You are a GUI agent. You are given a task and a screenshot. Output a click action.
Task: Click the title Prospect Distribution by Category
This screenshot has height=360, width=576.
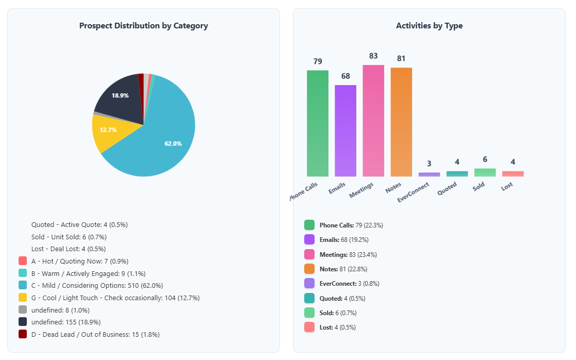(143, 26)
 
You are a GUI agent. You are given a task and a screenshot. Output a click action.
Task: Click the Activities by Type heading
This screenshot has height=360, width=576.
(429, 26)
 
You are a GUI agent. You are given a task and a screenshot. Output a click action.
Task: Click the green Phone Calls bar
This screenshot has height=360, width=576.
(318, 124)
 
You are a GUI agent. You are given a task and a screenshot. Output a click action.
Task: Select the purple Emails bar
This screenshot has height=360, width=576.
(345, 131)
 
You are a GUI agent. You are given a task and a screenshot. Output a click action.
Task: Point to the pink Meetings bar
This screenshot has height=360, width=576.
(373, 121)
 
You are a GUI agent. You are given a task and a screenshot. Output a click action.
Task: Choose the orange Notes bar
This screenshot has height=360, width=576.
(401, 122)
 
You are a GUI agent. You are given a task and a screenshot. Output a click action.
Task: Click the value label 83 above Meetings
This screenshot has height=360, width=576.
(373, 56)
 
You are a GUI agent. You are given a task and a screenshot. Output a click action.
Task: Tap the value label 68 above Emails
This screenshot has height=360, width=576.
(345, 76)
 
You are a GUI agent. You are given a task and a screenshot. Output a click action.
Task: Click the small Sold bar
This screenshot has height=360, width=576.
(485, 173)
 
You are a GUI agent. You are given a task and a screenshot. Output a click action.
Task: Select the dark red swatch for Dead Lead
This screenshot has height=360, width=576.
(23, 334)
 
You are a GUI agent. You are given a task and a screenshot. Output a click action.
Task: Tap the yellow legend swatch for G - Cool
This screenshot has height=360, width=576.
(23, 298)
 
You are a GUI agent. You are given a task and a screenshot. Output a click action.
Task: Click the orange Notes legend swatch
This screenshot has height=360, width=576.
(309, 269)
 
